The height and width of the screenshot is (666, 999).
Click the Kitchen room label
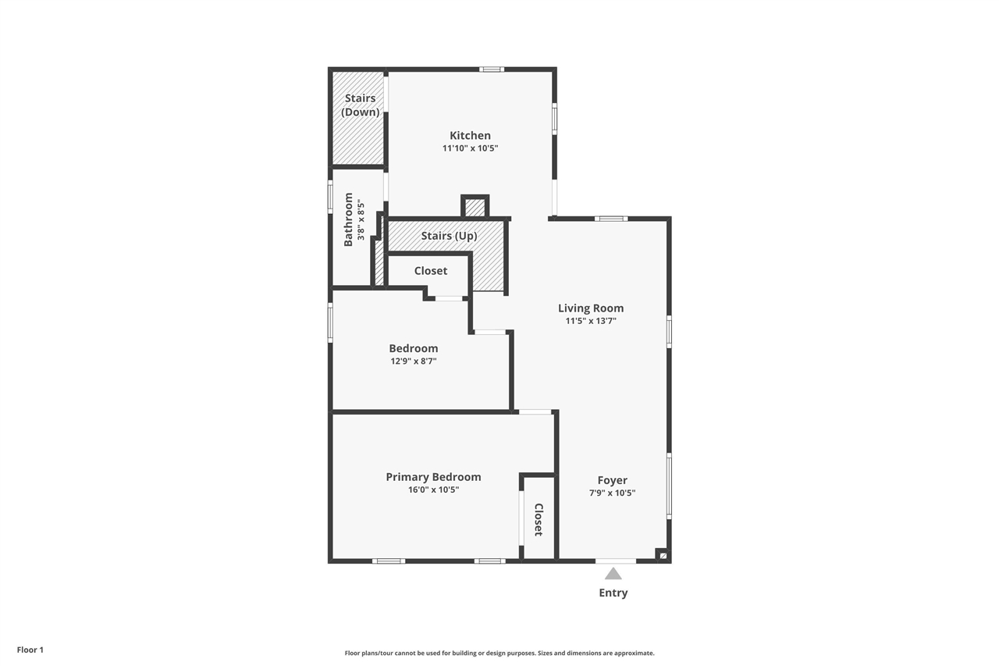point(470,135)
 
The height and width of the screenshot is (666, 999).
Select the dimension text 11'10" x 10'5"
point(470,148)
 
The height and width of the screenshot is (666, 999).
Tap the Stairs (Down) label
point(360,105)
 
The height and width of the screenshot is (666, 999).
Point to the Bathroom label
point(349,219)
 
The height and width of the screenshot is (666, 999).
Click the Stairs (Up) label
point(449,236)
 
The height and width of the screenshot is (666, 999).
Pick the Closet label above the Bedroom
point(431,270)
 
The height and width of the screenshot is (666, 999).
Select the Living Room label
point(591,308)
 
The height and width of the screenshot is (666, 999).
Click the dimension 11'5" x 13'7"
point(591,320)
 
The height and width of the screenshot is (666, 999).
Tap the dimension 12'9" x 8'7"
point(414,361)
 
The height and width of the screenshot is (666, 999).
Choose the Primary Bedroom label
point(433,477)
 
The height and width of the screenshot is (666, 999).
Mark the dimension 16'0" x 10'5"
point(433,490)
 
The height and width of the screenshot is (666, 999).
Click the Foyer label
point(613,480)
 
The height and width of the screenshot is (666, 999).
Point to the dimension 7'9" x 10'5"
point(613,493)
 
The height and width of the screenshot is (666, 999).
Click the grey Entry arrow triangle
point(613,574)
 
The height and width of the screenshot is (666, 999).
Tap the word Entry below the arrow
point(613,593)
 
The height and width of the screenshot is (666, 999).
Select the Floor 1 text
point(30,650)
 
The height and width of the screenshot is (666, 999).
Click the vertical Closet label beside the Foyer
point(539,519)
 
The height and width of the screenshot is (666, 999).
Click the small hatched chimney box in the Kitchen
point(475,208)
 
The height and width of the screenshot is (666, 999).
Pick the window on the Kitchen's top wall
point(492,69)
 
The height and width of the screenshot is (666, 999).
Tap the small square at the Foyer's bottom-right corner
point(662,555)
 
